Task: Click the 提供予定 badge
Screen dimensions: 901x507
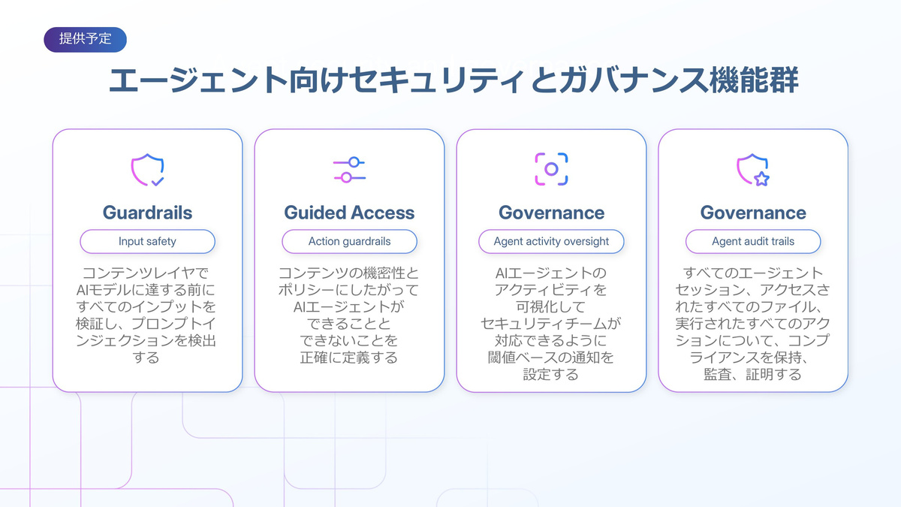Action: click(x=86, y=39)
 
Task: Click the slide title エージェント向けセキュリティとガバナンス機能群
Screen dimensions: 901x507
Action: click(x=454, y=80)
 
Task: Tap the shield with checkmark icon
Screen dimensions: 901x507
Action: click(x=147, y=170)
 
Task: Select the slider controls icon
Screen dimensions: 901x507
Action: click(x=349, y=170)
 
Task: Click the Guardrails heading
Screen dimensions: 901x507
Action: click(x=147, y=213)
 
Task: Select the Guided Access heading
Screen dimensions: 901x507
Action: click(x=349, y=213)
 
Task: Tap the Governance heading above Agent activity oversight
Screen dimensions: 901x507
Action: click(x=551, y=213)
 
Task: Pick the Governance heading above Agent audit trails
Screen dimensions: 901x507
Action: click(x=753, y=213)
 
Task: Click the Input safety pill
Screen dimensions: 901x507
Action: click(x=147, y=241)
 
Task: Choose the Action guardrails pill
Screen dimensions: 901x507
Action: click(x=349, y=241)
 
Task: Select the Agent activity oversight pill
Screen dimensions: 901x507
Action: click(x=551, y=241)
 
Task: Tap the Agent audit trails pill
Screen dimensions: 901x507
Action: click(x=753, y=241)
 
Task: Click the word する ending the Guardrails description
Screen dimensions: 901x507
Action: click(x=146, y=358)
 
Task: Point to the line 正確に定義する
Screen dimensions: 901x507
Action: click(x=348, y=358)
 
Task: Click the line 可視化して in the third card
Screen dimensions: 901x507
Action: click(x=550, y=306)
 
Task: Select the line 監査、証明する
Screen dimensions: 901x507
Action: click(x=752, y=374)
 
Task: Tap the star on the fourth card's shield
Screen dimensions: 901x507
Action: click(x=761, y=179)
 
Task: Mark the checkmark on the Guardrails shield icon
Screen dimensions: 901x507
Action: click(x=158, y=182)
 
